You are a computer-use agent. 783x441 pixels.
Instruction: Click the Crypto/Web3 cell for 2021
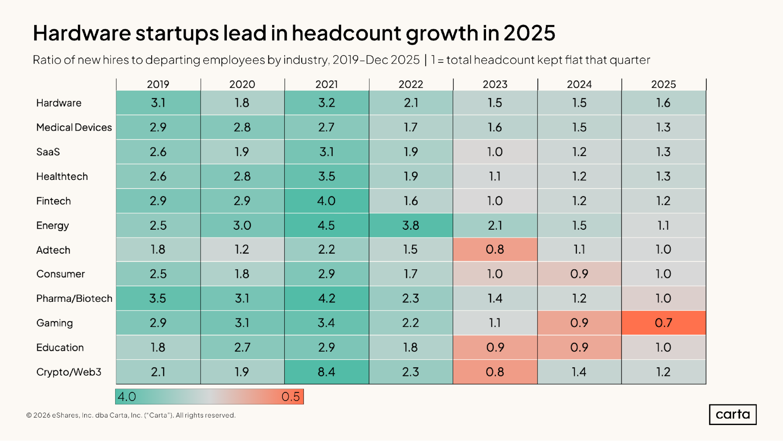coord(326,372)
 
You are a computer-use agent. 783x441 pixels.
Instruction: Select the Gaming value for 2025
coord(664,323)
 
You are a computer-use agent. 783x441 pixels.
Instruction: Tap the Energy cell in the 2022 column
coord(410,225)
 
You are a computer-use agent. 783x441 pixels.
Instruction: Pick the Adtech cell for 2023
coord(495,249)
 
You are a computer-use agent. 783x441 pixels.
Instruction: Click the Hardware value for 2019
coord(158,103)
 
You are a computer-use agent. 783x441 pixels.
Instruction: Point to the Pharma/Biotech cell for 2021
coord(326,298)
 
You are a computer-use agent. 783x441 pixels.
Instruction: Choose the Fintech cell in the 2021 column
coord(326,201)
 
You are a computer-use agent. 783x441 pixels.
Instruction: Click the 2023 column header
coord(495,84)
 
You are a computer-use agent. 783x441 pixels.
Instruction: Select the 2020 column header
coord(242,84)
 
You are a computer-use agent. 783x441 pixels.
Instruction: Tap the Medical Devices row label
coord(74,127)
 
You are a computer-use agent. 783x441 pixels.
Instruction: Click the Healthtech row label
coord(62,176)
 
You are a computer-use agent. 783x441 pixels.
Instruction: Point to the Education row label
coord(60,347)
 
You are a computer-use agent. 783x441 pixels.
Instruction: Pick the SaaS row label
coord(48,152)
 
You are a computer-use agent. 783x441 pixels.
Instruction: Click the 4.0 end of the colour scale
coord(127,397)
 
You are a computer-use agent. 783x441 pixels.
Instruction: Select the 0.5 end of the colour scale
coord(291,397)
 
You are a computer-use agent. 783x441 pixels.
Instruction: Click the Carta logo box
coord(732,414)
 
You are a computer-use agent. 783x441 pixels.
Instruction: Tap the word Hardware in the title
coord(81,33)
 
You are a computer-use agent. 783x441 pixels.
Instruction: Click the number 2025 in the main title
coord(529,33)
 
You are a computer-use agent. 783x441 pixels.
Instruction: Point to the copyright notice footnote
coord(131,415)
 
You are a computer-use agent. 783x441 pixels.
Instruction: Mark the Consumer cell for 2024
coord(579,274)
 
